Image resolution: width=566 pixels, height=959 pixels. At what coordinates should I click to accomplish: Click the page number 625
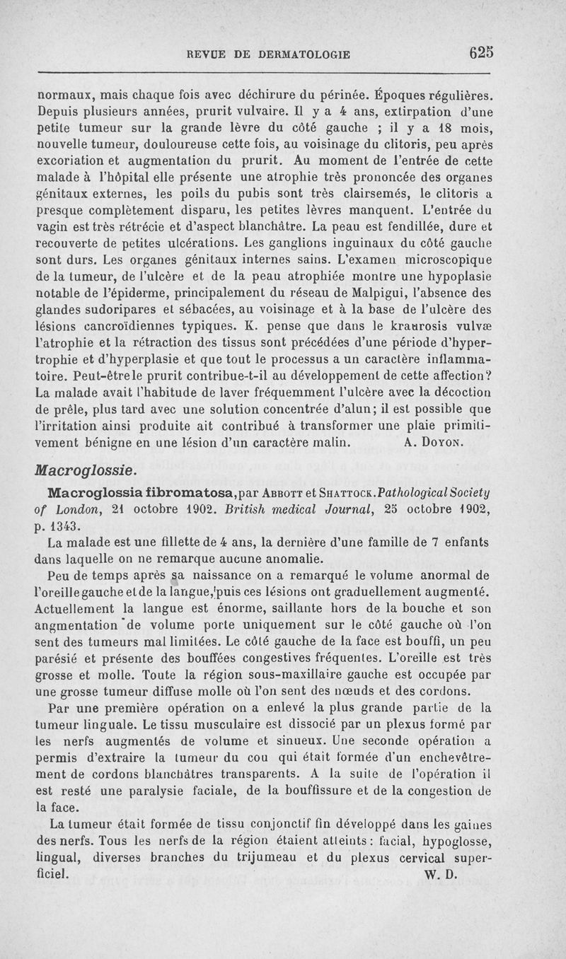coord(480,52)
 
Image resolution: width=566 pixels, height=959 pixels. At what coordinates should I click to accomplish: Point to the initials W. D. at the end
coord(441,873)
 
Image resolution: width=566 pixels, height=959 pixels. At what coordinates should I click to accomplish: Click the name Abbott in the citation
coord(284,492)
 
